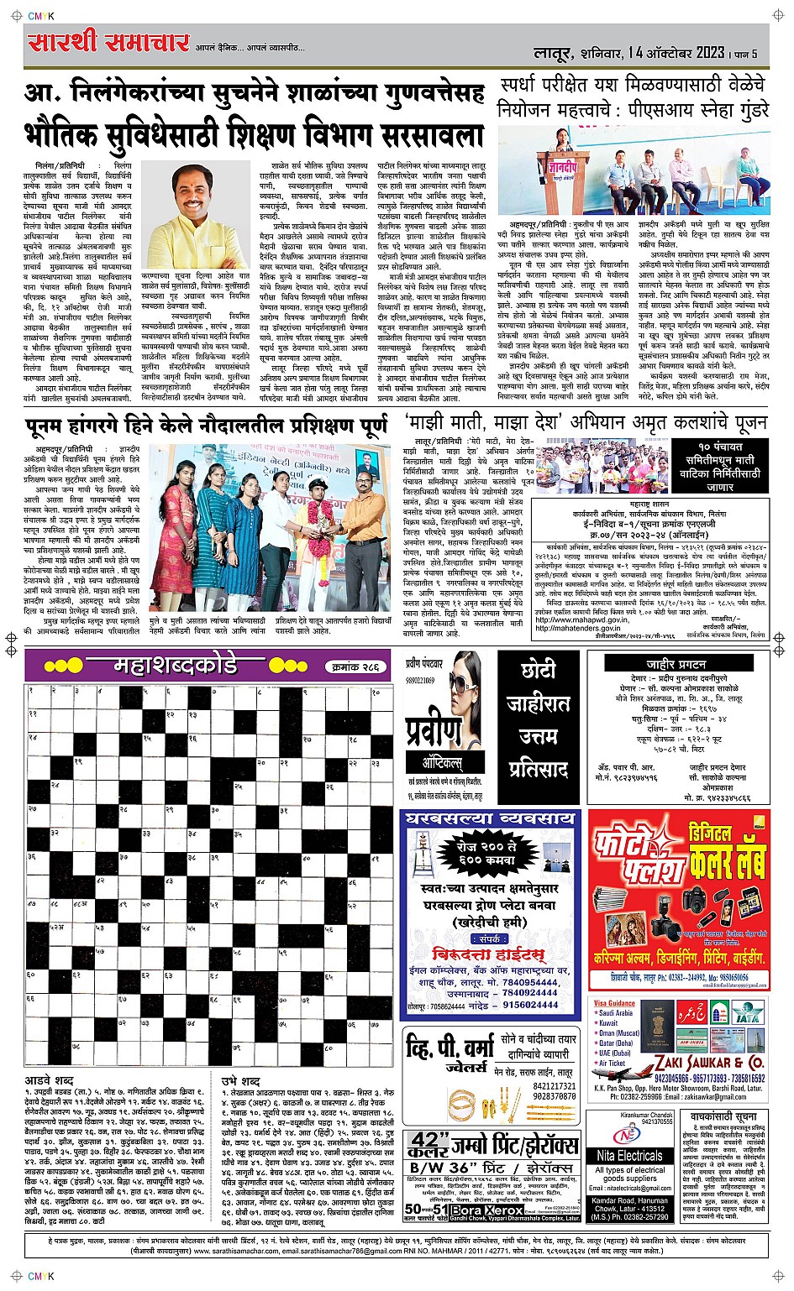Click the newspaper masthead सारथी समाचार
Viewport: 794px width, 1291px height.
click(108, 42)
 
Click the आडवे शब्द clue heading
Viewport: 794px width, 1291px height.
click(50, 1079)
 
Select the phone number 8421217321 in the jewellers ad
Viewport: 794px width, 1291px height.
click(555, 1085)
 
